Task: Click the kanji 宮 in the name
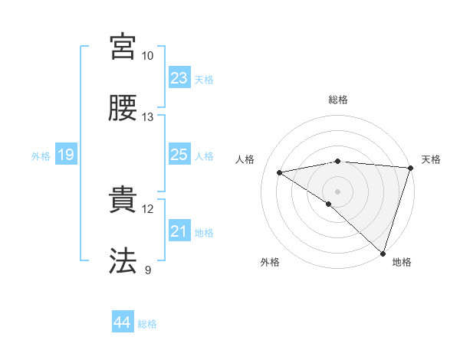[123, 47]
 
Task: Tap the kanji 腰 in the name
[123, 109]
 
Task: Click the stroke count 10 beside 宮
[148, 56]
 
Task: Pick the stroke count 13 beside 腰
[148, 117]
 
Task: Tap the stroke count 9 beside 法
[148, 270]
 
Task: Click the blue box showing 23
[179, 78]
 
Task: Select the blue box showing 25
[179, 155]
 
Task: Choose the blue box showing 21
[179, 231]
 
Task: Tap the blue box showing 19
[65, 155]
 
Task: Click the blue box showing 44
[122, 323]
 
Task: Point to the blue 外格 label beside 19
[41, 156]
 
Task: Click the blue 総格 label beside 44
[147, 324]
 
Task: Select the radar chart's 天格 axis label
[431, 159]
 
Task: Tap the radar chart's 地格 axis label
[402, 262]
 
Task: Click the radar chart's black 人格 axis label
[245, 159]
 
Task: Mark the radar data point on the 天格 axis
[410, 167]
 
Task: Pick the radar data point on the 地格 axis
[383, 253]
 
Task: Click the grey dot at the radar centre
[337, 191]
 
